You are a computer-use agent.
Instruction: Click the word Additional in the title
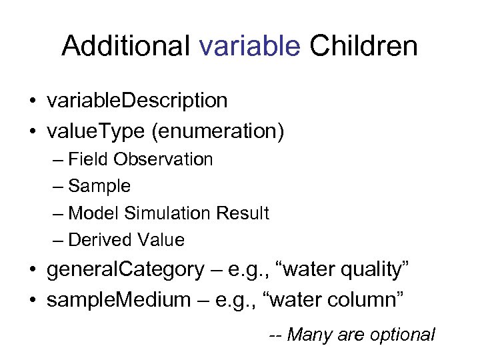127,46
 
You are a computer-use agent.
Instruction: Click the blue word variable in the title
250,46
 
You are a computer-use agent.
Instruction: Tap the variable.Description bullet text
137,101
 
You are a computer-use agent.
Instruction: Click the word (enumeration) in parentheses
218,131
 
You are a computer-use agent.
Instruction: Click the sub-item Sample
99,186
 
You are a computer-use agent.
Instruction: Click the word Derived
100,239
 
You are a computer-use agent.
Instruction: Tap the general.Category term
125,269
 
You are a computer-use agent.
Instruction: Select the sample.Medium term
118,300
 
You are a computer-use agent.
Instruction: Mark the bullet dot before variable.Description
33,101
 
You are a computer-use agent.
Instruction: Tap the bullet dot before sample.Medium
33,301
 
